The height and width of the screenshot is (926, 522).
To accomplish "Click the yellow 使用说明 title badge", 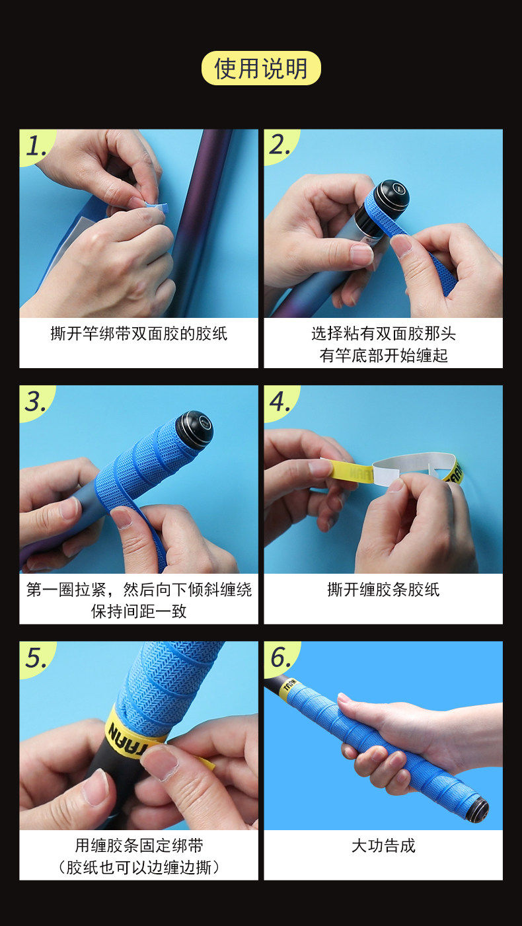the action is pyautogui.click(x=261, y=68).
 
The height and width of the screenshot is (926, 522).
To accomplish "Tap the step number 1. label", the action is pyautogui.click(x=36, y=146).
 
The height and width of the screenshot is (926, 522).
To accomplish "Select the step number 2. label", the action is pyautogui.click(x=280, y=145).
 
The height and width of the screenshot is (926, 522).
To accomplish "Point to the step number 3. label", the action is pyautogui.click(x=36, y=402).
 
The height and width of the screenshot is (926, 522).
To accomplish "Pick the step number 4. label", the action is pyautogui.click(x=280, y=402).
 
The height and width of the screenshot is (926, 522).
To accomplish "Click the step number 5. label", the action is pyautogui.click(x=36, y=658).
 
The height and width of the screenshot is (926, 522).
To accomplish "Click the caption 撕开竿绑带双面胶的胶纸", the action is pyautogui.click(x=139, y=333).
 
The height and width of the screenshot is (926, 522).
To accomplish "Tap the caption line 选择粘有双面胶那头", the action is pyautogui.click(x=383, y=333).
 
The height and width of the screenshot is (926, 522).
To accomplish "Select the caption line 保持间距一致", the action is pyautogui.click(x=139, y=611).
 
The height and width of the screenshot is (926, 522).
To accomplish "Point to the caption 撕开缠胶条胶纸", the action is pyautogui.click(x=383, y=590).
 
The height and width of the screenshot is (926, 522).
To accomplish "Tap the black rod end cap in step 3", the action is pyautogui.click(x=195, y=427).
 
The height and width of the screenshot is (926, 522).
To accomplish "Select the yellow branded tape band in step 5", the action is pyautogui.click(x=131, y=731).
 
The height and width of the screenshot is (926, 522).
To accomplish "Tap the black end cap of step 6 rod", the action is pyautogui.click(x=479, y=807).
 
